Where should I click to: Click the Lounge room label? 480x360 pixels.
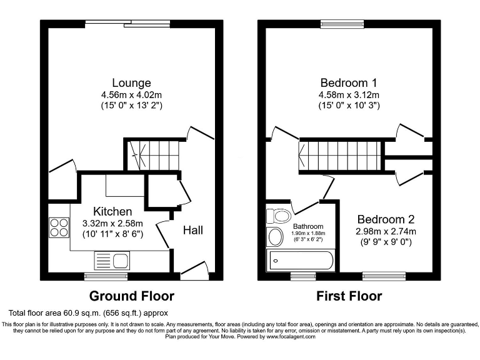131,82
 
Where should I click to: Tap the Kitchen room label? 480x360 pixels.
112,211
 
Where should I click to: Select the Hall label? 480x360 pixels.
192,230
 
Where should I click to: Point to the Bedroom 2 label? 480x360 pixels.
386,219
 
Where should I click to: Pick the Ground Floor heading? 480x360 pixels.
131,296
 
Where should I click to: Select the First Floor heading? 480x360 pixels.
349,296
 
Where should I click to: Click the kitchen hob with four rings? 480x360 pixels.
59,226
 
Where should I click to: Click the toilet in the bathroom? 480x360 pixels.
277,216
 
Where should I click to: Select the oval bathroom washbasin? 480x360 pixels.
275,237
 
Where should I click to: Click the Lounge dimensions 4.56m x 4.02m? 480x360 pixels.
131,94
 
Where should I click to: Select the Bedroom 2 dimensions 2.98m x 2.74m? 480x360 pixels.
386,231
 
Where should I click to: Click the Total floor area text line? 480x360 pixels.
88,312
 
